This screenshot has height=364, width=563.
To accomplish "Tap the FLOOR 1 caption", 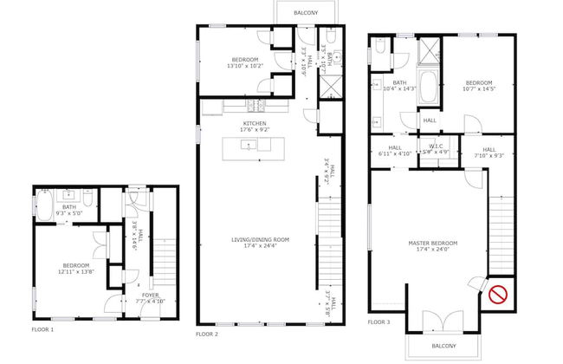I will [42, 330].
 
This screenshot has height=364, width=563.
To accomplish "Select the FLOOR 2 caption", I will [207, 334].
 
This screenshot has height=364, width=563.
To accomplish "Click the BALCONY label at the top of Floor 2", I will [304, 12].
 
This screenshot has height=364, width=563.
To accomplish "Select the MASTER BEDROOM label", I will [433, 243].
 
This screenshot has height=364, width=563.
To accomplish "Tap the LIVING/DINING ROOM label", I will [260, 239].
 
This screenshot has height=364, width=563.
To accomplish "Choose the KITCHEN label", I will [255, 124].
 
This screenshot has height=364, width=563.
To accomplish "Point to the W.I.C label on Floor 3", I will [437, 146].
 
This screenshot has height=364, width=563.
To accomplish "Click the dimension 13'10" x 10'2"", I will [230, 66].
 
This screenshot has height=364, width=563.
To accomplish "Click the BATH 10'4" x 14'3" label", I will [400, 86].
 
